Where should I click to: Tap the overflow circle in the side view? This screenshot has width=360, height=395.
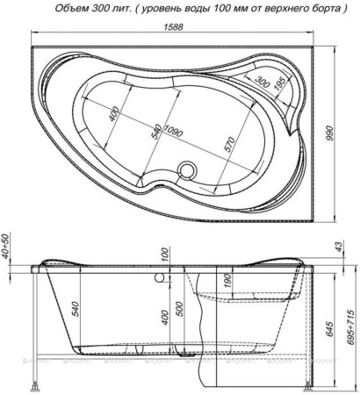click(161, 280)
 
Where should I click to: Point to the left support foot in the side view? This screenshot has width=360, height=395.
click(35, 382)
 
